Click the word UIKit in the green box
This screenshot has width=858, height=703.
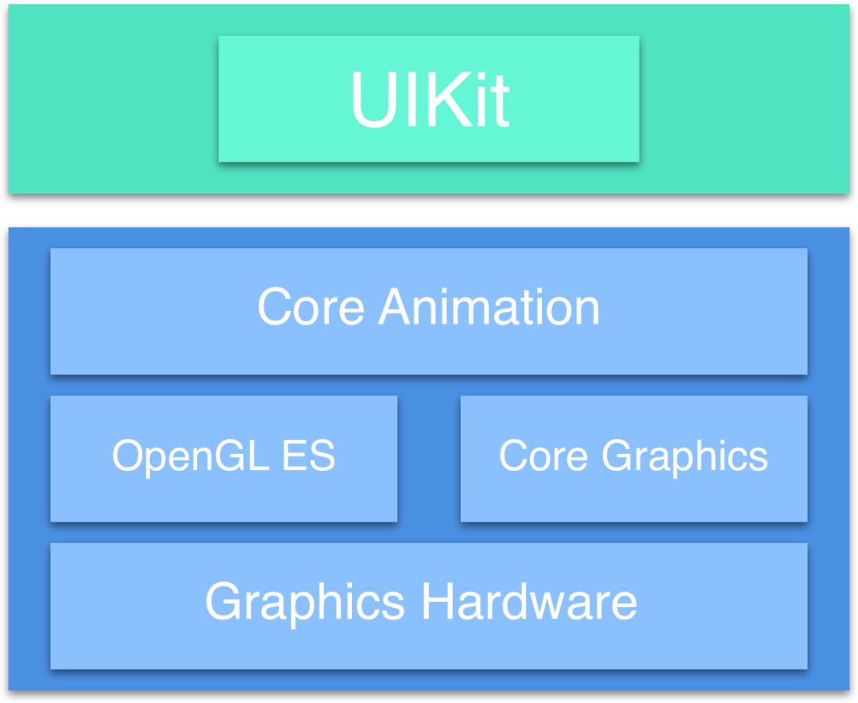pos(429,100)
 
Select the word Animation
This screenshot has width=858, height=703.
pos(489,307)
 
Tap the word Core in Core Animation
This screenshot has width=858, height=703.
pos(311,307)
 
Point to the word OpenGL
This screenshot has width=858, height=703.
pos(190,456)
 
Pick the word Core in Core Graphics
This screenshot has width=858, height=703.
pos(544,456)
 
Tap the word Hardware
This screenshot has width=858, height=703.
pos(529,602)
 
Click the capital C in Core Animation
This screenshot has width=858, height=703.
pos(274,307)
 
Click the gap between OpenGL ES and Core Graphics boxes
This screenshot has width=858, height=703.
pos(429,459)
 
